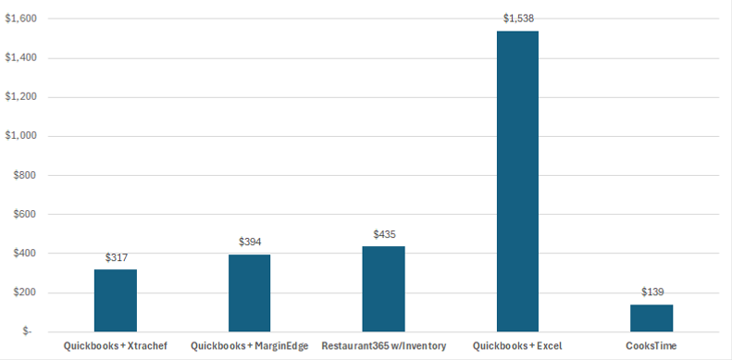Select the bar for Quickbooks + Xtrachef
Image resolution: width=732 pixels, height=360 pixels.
point(116,301)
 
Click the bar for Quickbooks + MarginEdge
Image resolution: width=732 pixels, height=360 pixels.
point(250,293)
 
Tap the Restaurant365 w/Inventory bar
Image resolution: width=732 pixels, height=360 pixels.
point(383,289)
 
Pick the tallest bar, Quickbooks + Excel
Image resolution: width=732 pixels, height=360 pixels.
point(517,181)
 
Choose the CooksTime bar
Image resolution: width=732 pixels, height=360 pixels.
point(651,318)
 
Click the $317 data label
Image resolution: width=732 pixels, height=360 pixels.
point(116,256)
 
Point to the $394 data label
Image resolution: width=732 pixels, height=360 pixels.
point(250,242)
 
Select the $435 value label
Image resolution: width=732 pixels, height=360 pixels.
point(384,234)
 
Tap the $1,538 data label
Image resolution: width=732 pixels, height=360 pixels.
point(518,19)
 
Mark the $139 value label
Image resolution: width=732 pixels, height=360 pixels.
point(652,292)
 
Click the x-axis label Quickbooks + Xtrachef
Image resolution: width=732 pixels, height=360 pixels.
point(116,346)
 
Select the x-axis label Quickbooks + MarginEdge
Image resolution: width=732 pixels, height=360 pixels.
point(250,346)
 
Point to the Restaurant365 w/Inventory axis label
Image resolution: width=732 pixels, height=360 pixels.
point(383,346)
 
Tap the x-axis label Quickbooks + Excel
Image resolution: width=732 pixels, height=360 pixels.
point(517,346)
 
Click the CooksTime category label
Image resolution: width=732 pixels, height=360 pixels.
point(651,346)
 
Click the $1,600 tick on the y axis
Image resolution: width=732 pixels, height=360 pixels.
point(21,19)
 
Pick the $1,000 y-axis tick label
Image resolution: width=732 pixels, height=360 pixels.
point(21,136)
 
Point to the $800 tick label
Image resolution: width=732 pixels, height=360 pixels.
point(25,176)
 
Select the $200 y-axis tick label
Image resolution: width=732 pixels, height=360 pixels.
point(25,293)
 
